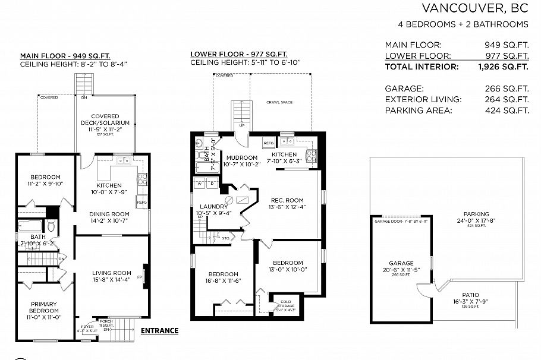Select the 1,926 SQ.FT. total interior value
tap(504, 67)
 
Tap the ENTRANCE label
tap(159, 331)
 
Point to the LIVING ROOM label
tap(111, 273)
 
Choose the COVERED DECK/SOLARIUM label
tap(105, 119)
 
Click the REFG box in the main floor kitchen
tap(141, 203)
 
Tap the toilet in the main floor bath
tap(52, 226)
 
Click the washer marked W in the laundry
tap(200, 184)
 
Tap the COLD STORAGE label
tap(285, 304)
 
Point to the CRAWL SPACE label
tap(279, 102)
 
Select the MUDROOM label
tap(242, 157)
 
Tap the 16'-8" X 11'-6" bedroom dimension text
tap(223, 282)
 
